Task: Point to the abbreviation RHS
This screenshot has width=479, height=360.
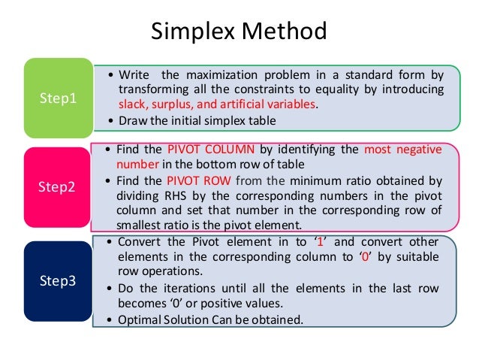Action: tap(167, 195)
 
